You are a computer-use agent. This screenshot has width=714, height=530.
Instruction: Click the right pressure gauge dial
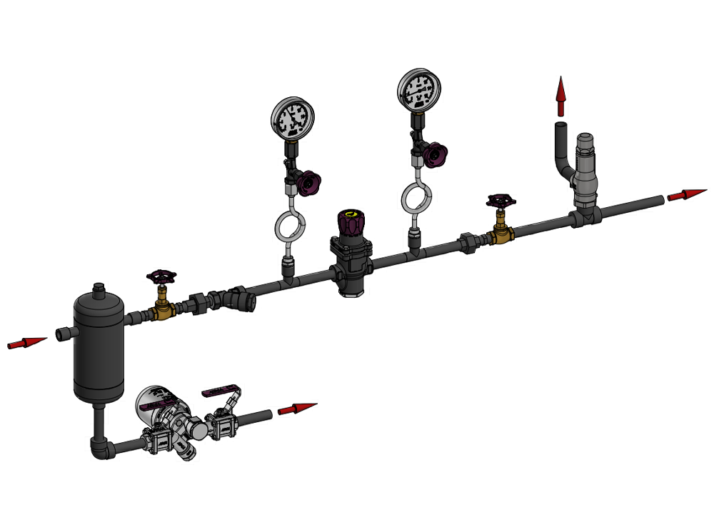[418, 89]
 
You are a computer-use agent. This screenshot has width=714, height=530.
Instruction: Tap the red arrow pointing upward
[561, 96]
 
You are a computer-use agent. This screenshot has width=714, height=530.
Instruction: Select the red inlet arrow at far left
[26, 344]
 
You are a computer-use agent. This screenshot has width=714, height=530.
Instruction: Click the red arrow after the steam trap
[296, 409]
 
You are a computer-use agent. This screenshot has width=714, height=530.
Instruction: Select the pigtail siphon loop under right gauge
[416, 196]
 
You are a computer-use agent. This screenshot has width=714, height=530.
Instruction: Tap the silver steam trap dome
[158, 401]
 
